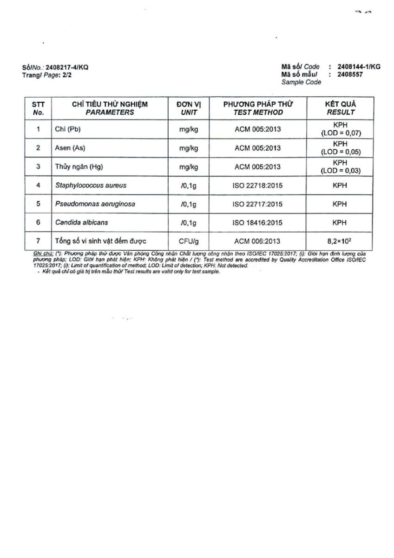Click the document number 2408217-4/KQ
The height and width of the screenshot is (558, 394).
(67, 67)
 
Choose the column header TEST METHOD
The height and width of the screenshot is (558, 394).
(258, 112)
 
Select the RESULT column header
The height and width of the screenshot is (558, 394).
(341, 112)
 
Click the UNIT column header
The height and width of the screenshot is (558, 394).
(189, 112)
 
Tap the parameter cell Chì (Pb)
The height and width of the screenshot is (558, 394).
(68, 130)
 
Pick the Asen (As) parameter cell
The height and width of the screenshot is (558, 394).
(70, 148)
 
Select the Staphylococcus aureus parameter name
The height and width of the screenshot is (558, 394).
(91, 185)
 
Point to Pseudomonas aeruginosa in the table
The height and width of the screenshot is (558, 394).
(95, 204)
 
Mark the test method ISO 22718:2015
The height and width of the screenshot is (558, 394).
(258, 185)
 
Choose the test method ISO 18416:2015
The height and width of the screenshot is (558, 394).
(258, 222)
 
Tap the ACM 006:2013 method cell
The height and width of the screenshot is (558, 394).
(258, 241)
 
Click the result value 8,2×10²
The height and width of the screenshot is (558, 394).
(341, 240)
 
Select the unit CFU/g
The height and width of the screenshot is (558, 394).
(189, 241)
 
